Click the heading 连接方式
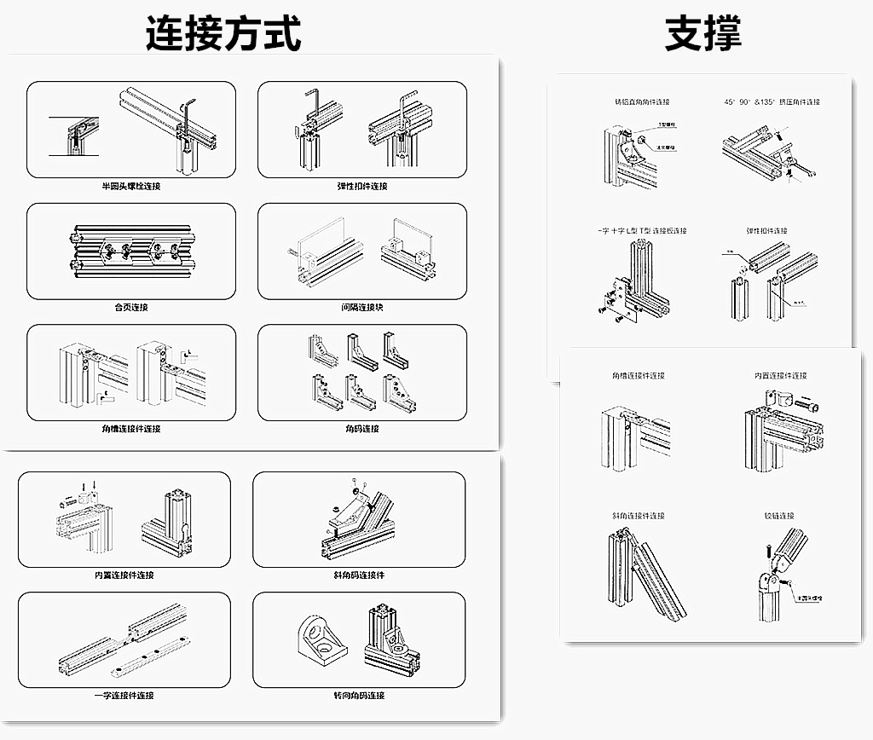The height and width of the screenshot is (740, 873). [x=223, y=34]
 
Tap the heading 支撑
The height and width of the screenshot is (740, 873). [x=703, y=34]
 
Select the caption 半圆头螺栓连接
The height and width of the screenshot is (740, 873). [x=130, y=186]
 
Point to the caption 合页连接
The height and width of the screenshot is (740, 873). [x=130, y=307]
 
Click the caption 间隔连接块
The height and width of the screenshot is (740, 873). [x=361, y=307]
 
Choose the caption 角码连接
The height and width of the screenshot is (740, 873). [x=361, y=429]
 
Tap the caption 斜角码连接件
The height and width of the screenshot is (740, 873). [x=359, y=575]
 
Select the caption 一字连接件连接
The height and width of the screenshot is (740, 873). [x=124, y=696]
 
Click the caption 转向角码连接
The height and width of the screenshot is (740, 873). [x=359, y=696]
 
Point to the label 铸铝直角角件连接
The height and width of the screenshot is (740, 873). [x=638, y=102]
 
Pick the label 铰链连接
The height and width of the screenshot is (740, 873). [x=779, y=516]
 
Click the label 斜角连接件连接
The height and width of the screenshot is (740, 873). [x=638, y=516]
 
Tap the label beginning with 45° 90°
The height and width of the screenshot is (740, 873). [x=772, y=102]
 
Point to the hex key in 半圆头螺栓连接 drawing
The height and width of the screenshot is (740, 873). [x=188, y=114]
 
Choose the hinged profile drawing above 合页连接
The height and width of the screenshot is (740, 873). [x=130, y=251]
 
